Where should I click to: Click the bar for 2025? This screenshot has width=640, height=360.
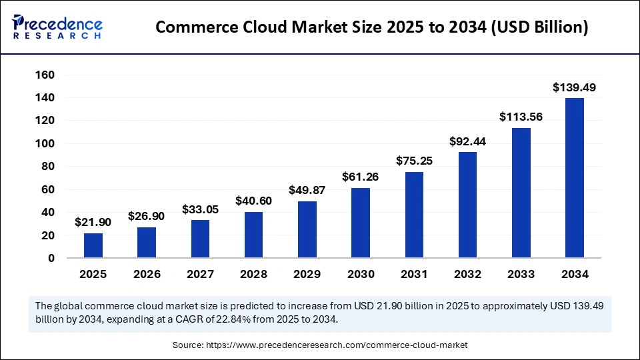[x=93, y=245]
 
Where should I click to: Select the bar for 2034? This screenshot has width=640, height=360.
[x=575, y=178]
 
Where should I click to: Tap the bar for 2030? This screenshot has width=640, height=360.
[x=361, y=223]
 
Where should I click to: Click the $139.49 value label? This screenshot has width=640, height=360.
[x=575, y=87]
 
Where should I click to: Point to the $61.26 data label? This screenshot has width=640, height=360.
[x=361, y=177]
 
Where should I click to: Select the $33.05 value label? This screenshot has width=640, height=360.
[x=200, y=209]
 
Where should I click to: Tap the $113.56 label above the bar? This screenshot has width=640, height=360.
[x=521, y=117]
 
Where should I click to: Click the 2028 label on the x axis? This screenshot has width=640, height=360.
[x=253, y=274]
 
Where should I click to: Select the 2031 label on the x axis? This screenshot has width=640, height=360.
[x=414, y=274]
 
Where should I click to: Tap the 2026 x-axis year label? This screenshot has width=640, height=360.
[x=147, y=274]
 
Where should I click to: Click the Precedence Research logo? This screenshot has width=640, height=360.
[x=57, y=27]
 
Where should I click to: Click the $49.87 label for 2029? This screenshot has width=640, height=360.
[x=307, y=190]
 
